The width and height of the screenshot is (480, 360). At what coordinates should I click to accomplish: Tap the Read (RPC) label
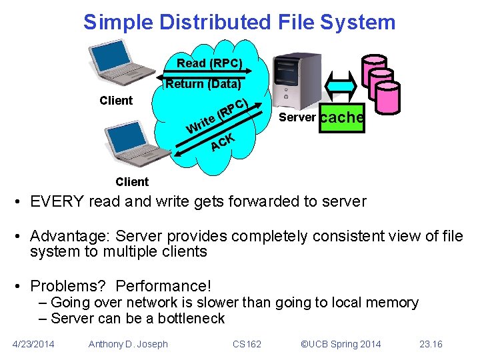209,65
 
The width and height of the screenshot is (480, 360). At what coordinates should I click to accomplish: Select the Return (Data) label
203,85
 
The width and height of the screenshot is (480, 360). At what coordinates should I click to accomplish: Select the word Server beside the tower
297,118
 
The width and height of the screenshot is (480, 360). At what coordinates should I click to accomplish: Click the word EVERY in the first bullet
62,201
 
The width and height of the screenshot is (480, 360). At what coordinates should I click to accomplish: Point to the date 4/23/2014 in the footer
34,344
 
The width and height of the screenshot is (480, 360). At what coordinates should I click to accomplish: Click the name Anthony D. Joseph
128,344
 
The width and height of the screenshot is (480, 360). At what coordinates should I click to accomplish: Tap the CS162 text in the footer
247,344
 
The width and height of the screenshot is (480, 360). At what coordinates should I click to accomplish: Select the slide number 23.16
431,344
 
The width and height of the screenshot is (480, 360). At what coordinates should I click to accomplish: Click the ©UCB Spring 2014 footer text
341,344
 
